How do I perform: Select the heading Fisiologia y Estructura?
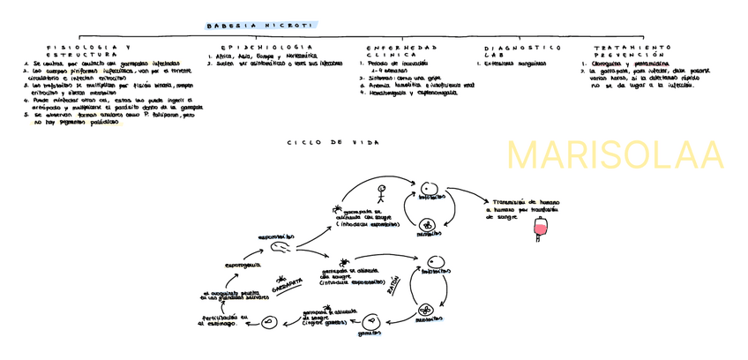(90, 50)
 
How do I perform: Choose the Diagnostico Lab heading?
(522, 50)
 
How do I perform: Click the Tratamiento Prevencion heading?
(633, 50)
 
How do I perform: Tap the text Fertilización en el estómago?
(218, 320)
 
